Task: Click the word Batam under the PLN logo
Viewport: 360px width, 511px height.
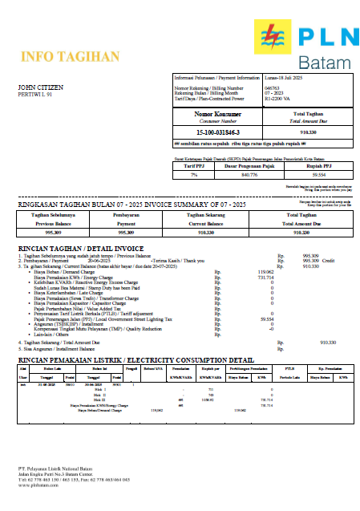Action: pyautogui.click(x=324, y=63)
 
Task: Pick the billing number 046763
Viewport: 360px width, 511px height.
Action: pyautogui.click(x=272, y=87)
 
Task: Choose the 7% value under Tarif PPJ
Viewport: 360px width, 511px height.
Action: pyautogui.click(x=193, y=173)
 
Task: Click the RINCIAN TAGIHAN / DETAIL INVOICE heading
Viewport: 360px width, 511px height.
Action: pyautogui.click(x=80, y=249)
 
